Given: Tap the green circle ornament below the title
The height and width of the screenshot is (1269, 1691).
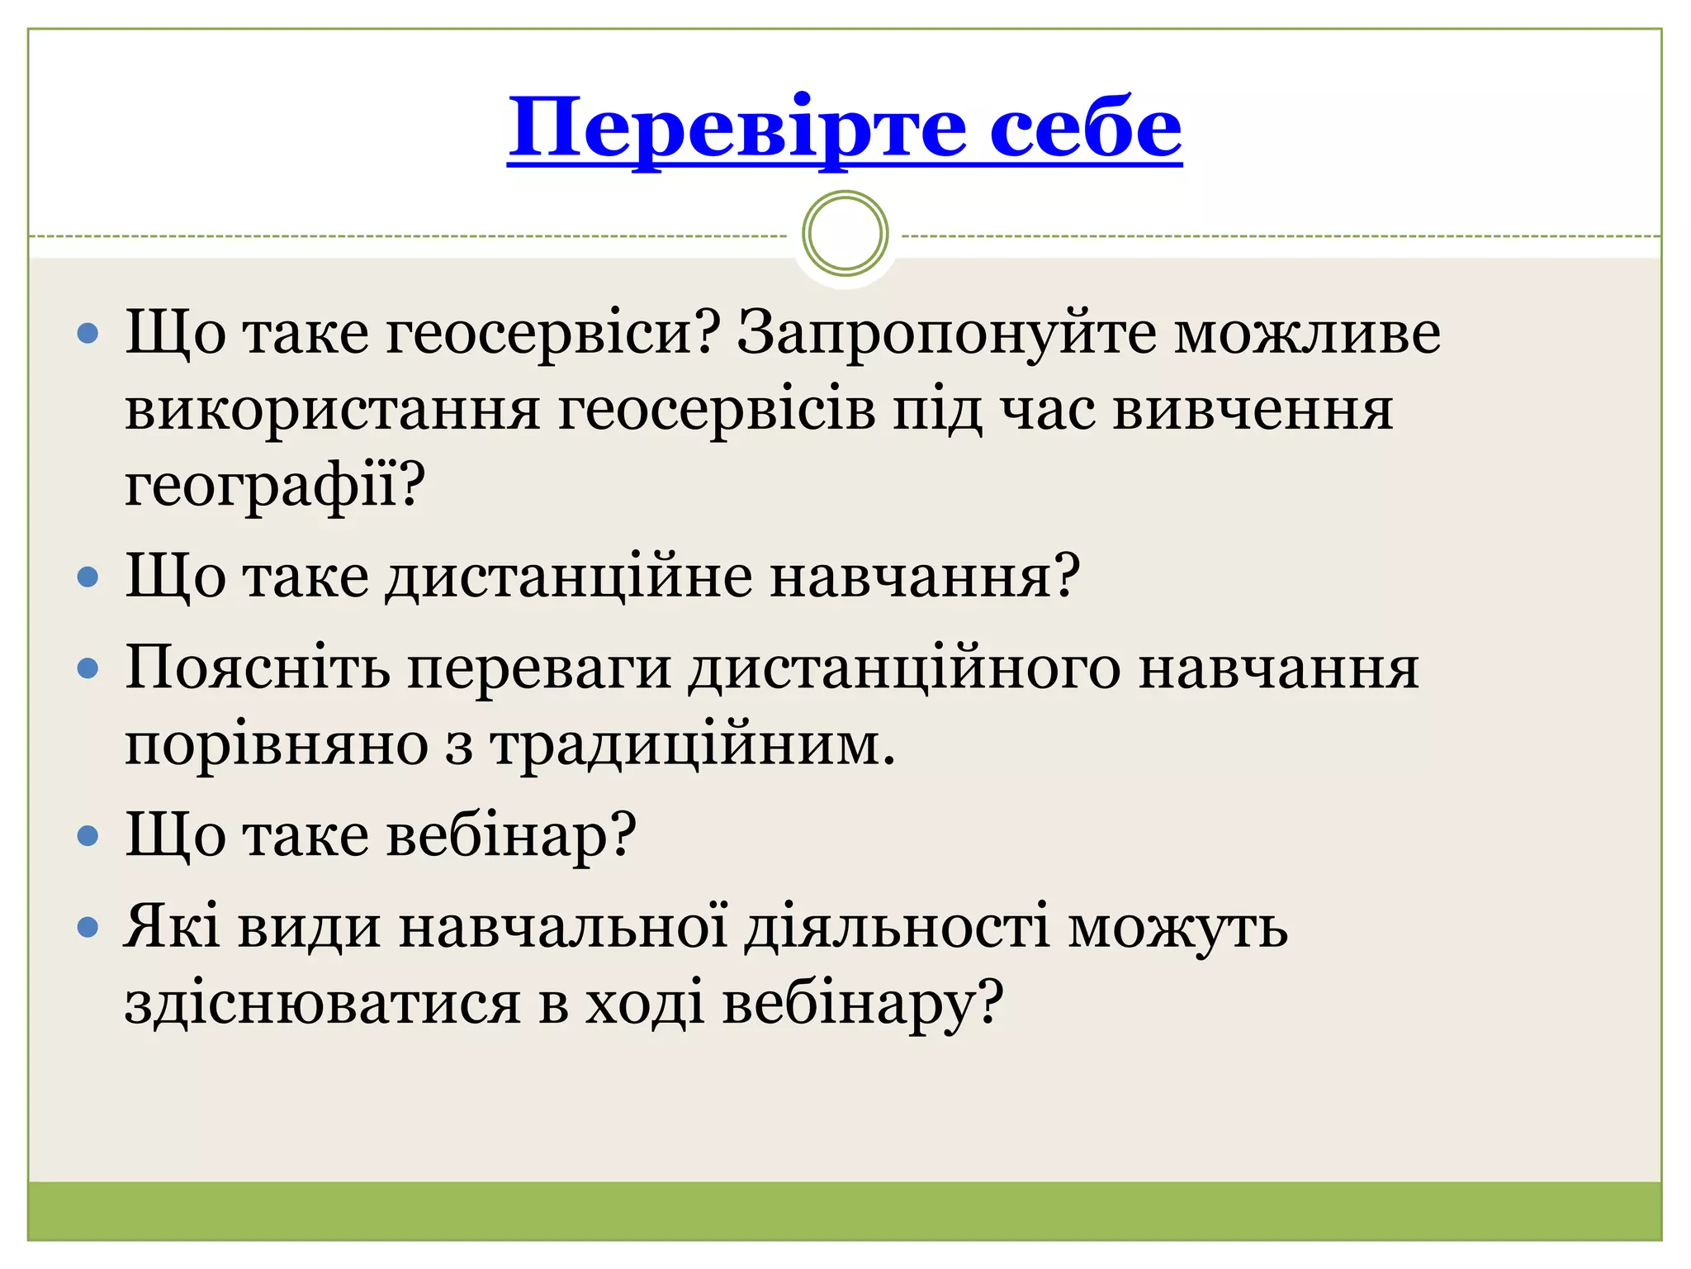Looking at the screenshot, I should point(845,233).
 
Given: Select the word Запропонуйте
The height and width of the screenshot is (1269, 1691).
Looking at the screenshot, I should point(946,333).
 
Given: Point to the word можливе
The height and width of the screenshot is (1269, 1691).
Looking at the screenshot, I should point(1307,333).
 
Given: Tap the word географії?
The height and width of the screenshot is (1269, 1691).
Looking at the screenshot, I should point(274,485).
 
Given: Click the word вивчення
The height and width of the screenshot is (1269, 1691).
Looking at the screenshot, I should point(1253,410).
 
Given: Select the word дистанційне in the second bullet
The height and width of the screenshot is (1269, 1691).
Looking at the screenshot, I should point(569,576).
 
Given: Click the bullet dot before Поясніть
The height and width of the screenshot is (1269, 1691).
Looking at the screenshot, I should point(88,668).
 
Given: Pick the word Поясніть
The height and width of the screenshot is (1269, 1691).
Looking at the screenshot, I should point(257,668).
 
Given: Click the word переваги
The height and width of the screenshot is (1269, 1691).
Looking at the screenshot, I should point(539,668).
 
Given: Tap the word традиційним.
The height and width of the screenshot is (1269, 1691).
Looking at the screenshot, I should point(693,745).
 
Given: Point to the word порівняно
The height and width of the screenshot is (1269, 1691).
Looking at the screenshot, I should point(276,745).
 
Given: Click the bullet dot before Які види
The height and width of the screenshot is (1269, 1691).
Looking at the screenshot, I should point(88,928).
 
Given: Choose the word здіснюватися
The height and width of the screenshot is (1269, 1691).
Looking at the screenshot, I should point(322,1004).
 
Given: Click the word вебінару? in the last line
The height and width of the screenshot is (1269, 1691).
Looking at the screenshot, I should point(863,1004).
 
